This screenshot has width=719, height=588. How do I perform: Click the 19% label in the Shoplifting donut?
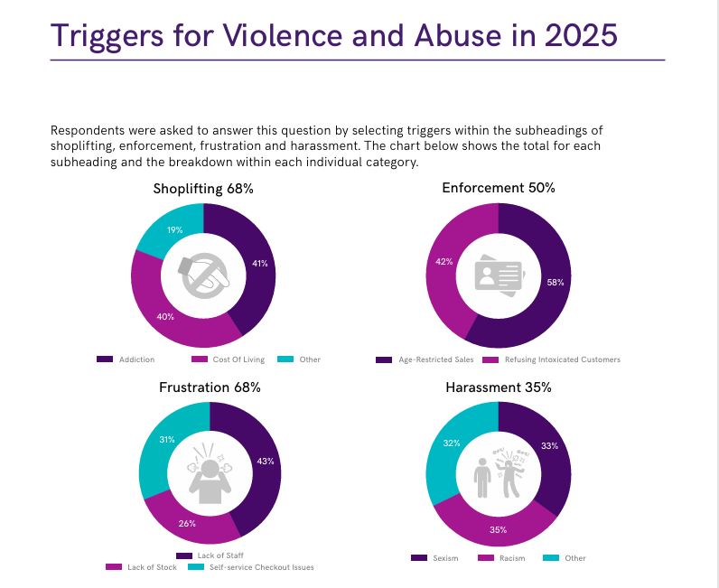click(174, 229)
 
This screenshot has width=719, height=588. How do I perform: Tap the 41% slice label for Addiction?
click(260, 263)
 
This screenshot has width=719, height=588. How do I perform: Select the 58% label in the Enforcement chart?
click(556, 283)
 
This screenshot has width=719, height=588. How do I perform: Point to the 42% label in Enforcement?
click(444, 261)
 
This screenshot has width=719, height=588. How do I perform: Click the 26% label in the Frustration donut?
click(187, 523)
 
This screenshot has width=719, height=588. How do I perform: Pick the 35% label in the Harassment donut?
click(498, 530)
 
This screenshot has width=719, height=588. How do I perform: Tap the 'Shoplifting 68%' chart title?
click(203, 189)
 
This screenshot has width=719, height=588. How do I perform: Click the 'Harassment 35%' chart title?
click(499, 387)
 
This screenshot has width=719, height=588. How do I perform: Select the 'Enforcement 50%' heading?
click(499, 188)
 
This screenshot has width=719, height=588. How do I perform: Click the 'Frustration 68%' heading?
click(210, 387)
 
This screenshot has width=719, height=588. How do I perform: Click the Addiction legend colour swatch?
click(105, 359)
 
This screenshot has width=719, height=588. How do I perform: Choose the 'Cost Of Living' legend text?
click(238, 359)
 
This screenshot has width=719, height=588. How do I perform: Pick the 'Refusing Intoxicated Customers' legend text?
click(563, 359)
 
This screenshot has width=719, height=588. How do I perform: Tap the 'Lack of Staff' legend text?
click(220, 555)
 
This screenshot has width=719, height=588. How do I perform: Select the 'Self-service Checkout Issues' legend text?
click(262, 567)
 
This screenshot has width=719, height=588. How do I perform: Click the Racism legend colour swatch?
click(486, 557)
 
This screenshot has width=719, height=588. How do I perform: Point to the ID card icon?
click(500, 275)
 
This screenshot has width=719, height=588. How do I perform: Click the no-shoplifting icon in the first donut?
click(204, 275)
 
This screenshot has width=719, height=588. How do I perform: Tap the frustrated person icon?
click(210, 473)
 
